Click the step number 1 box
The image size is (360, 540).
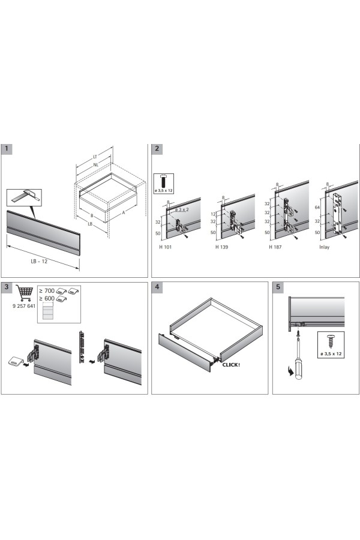(7, 149)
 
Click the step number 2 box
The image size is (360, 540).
(157, 149)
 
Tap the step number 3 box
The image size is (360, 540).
(7, 287)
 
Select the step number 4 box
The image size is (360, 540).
(157, 287)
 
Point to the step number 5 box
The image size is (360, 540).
(278, 287)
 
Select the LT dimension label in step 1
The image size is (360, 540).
(95, 157)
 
